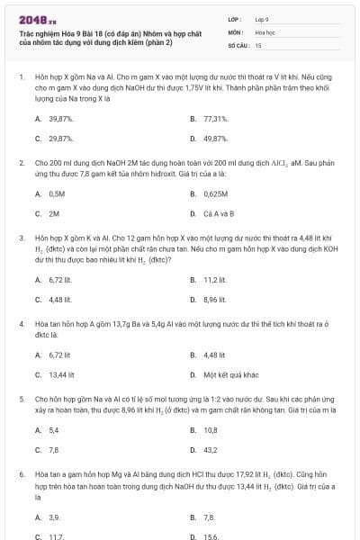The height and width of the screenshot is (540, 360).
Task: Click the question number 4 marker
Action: (x=21, y=321)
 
